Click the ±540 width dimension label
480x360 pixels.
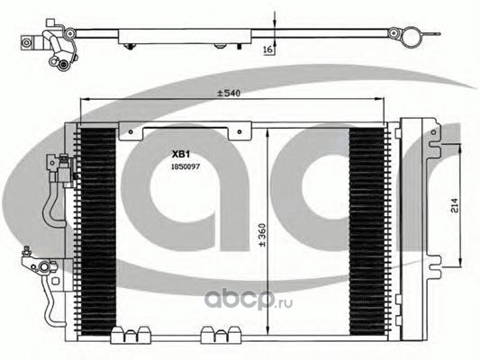pyautogui.click(x=229, y=93)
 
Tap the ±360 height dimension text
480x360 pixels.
pyautogui.click(x=262, y=235)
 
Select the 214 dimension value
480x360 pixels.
pyautogui.click(x=454, y=206)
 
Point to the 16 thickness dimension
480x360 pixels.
pyautogui.click(x=268, y=49)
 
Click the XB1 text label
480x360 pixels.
pyautogui.click(x=181, y=155)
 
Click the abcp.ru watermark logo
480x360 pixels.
pyautogui.click(x=249, y=299)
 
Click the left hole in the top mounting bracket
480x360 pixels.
pyautogui.click(x=131, y=131)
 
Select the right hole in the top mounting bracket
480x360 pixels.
pyautogui.click(x=240, y=131)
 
